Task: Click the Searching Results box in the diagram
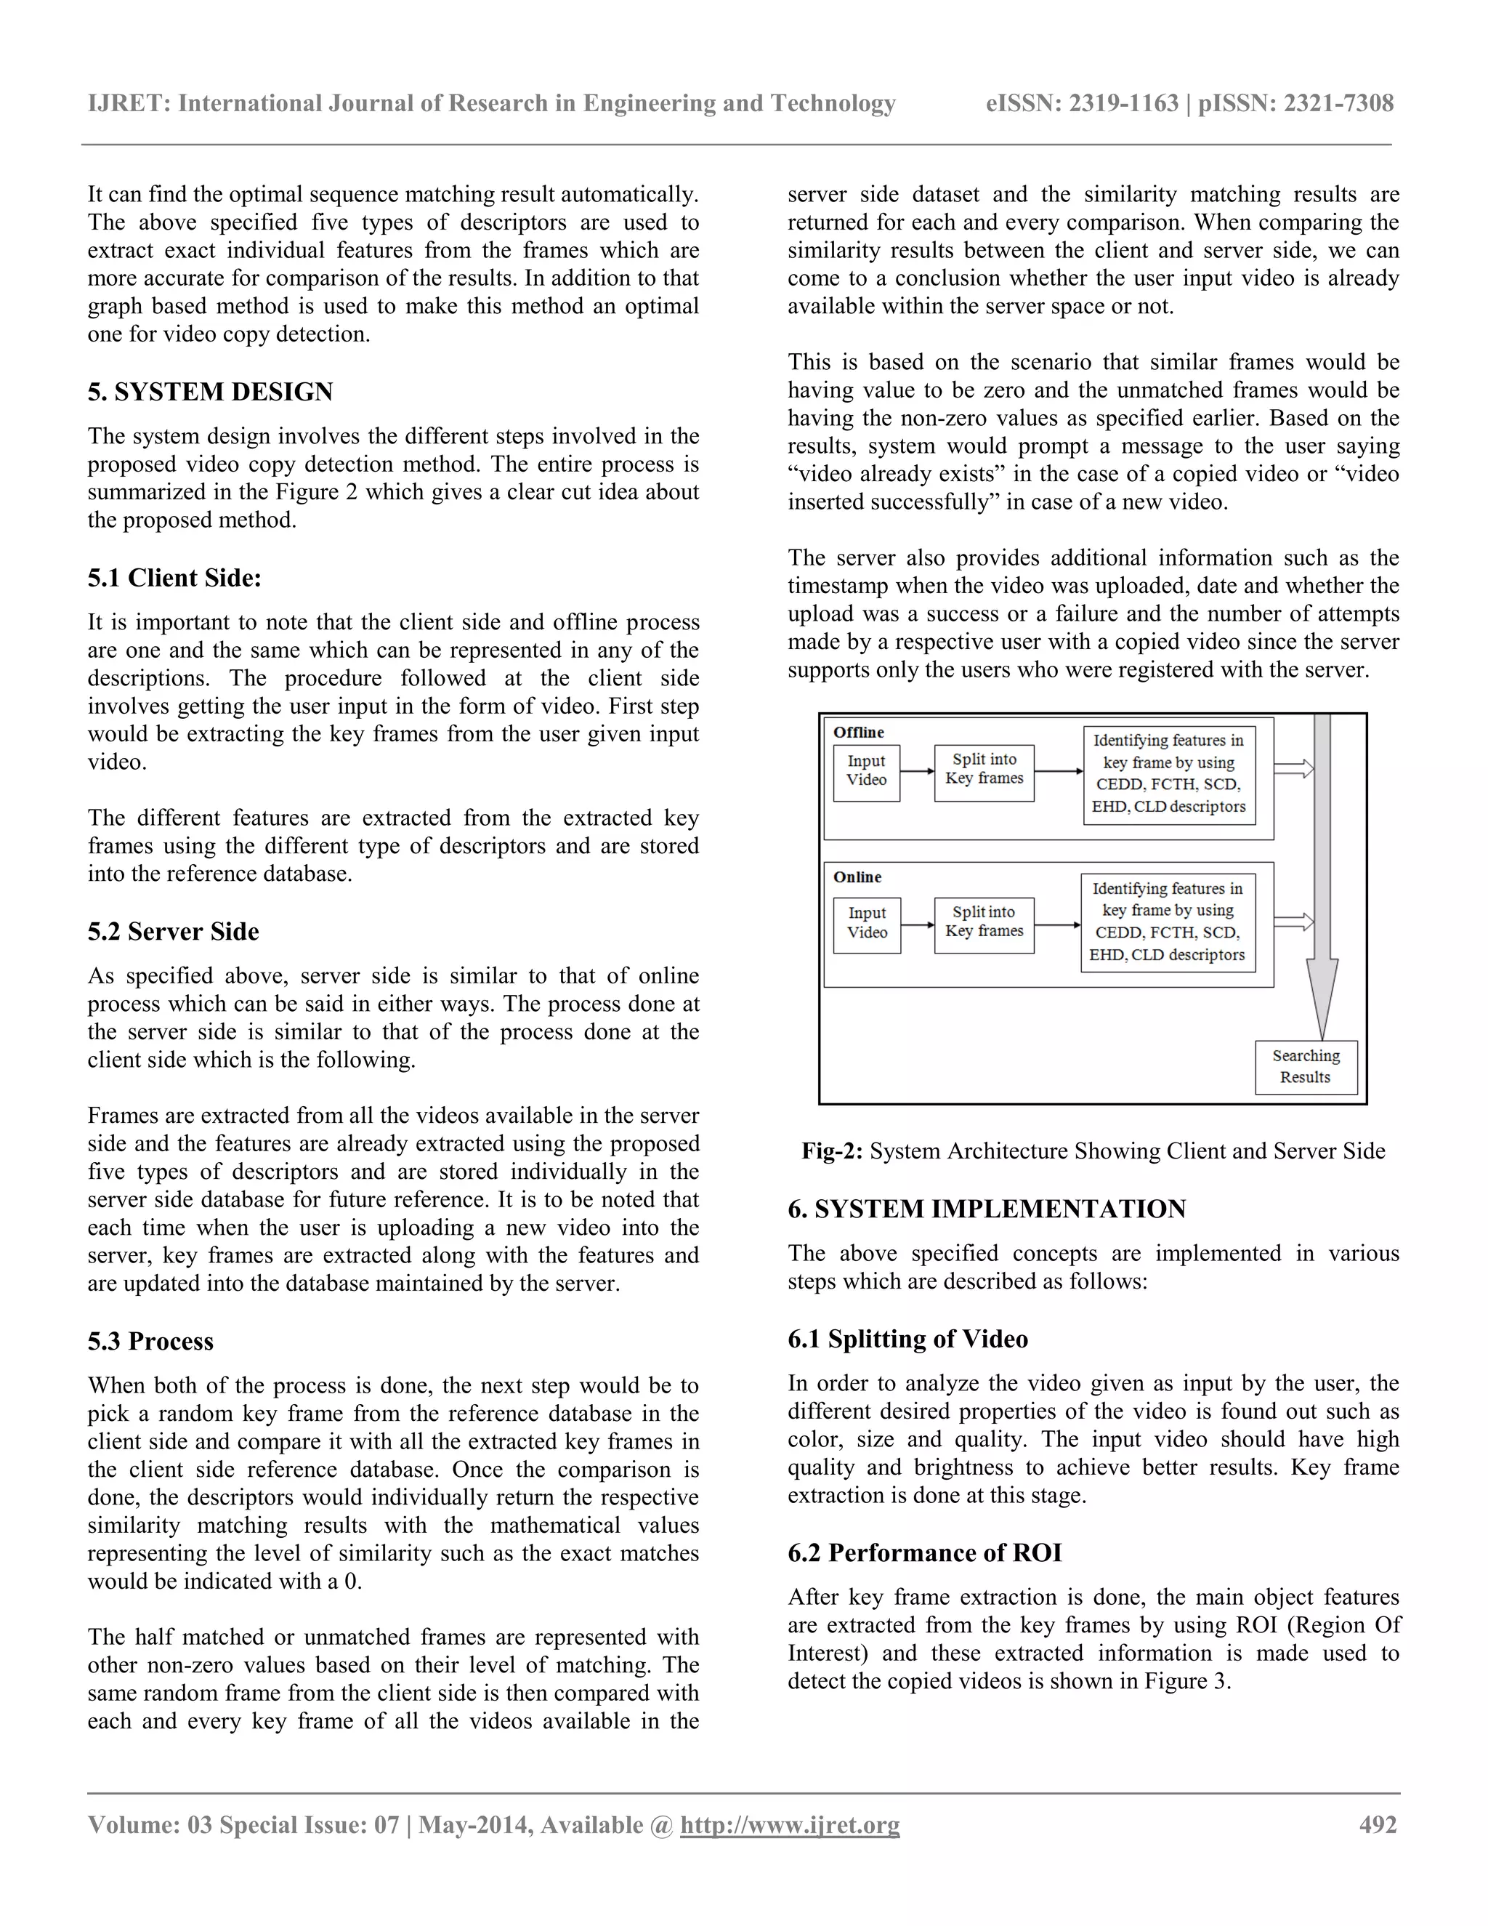coord(1306,1066)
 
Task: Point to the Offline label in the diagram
coord(859,732)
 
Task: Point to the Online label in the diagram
coord(857,877)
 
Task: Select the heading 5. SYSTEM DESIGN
coord(210,392)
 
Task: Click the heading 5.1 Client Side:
coord(174,578)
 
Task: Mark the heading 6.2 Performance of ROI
coord(925,1552)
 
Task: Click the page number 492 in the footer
coord(1378,1824)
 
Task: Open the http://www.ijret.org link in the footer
coord(790,1824)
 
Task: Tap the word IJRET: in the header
coord(129,103)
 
